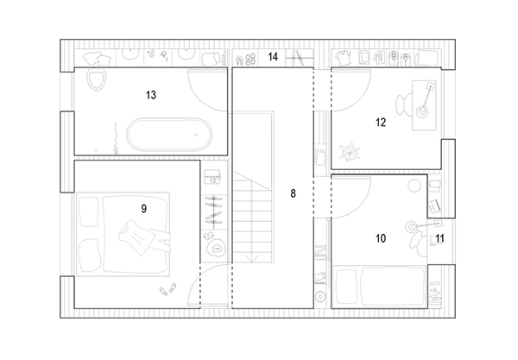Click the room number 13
[151, 95]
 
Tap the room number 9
[143, 209]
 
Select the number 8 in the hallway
[293, 193]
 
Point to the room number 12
[381, 123]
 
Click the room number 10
[381, 238]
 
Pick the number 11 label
[440, 238]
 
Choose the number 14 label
[273, 57]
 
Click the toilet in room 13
[97, 79]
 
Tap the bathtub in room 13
[169, 135]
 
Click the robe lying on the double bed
[143, 237]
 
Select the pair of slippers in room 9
[167, 289]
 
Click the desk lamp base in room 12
[422, 111]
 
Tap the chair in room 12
[404, 104]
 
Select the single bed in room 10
[380, 287]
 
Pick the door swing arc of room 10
[363, 207]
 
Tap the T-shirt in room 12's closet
[344, 58]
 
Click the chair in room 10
[419, 243]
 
